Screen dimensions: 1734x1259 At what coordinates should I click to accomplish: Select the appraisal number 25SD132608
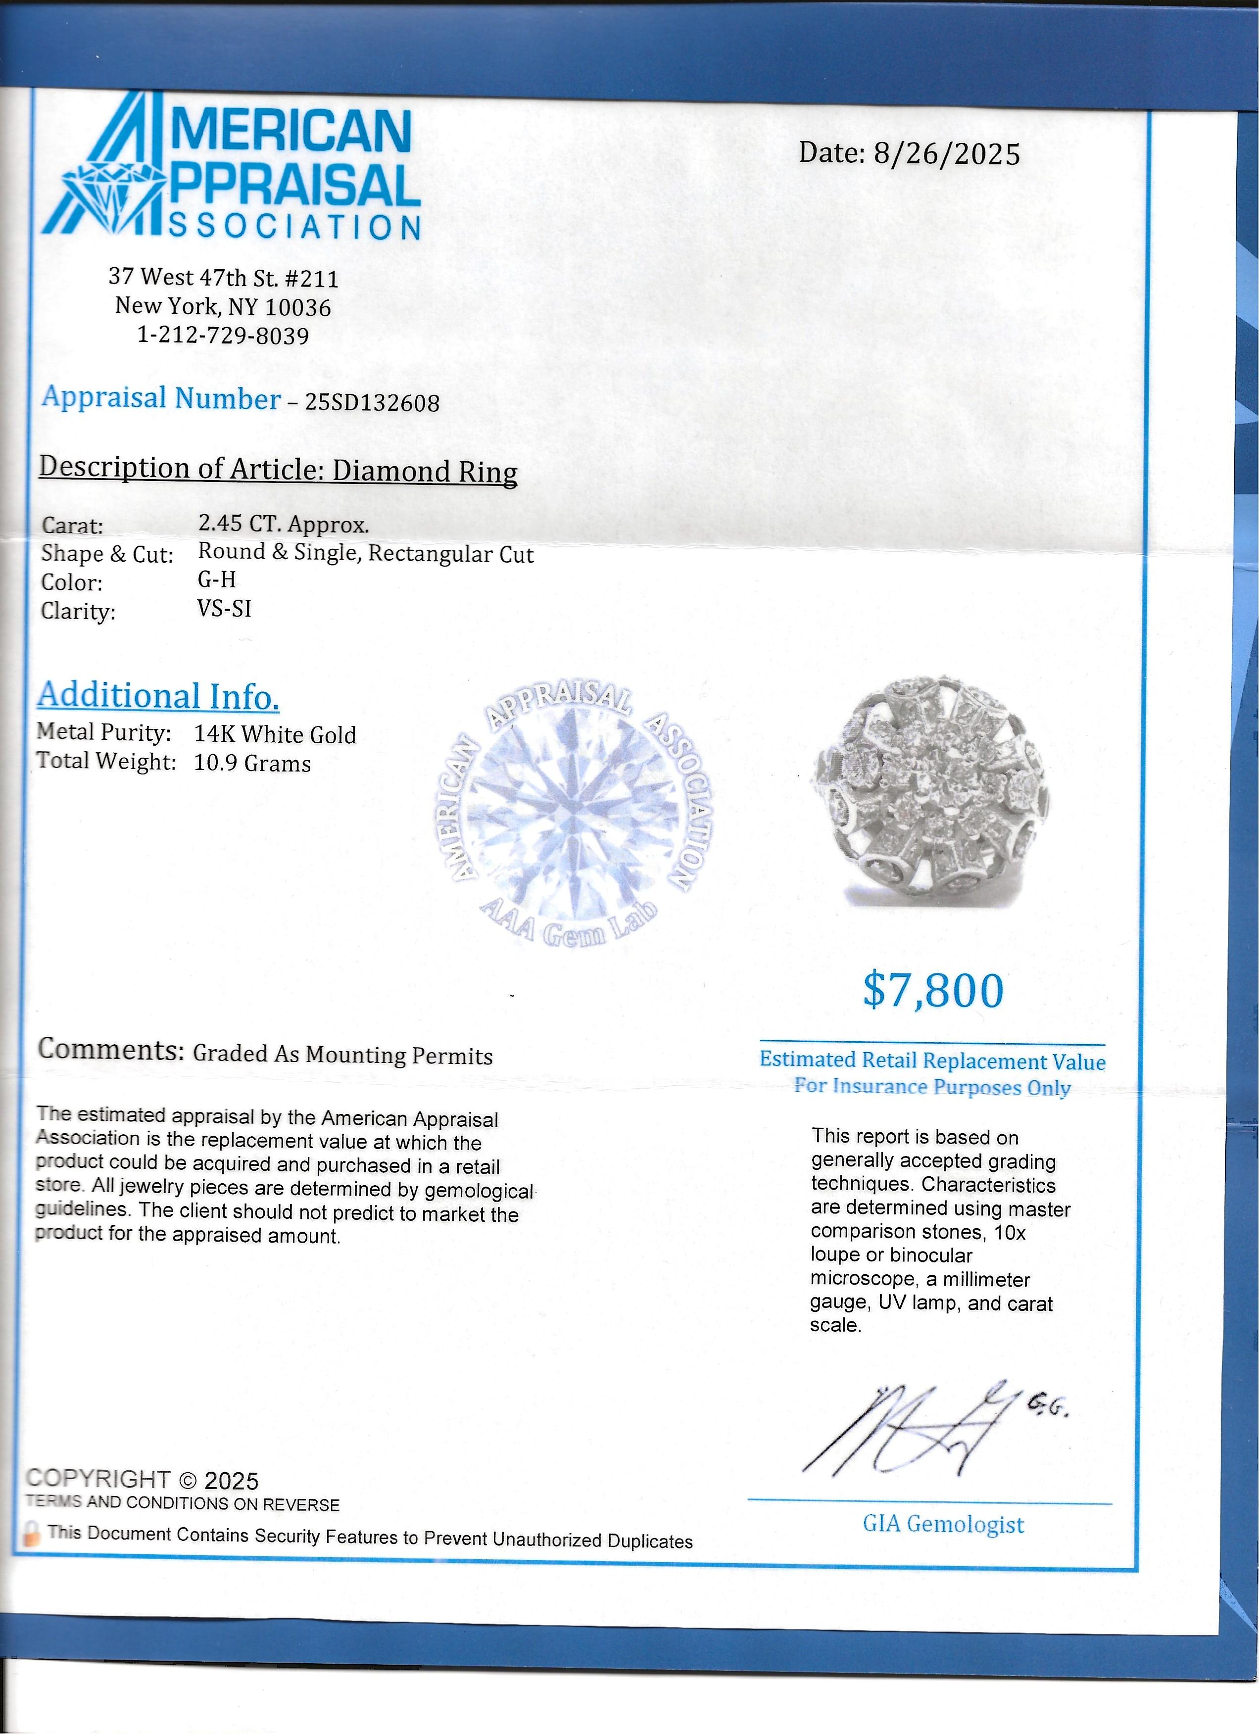[x=372, y=403]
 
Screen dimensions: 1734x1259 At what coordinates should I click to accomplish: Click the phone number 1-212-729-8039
[x=223, y=336]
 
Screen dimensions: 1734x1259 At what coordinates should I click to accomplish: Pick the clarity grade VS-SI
[x=224, y=609]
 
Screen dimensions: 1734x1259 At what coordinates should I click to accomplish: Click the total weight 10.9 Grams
[x=252, y=764]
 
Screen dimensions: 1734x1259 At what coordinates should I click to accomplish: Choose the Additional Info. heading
[x=158, y=696]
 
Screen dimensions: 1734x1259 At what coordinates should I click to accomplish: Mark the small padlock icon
[x=32, y=1532]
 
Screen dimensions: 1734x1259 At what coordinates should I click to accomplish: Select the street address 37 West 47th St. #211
[x=223, y=278]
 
